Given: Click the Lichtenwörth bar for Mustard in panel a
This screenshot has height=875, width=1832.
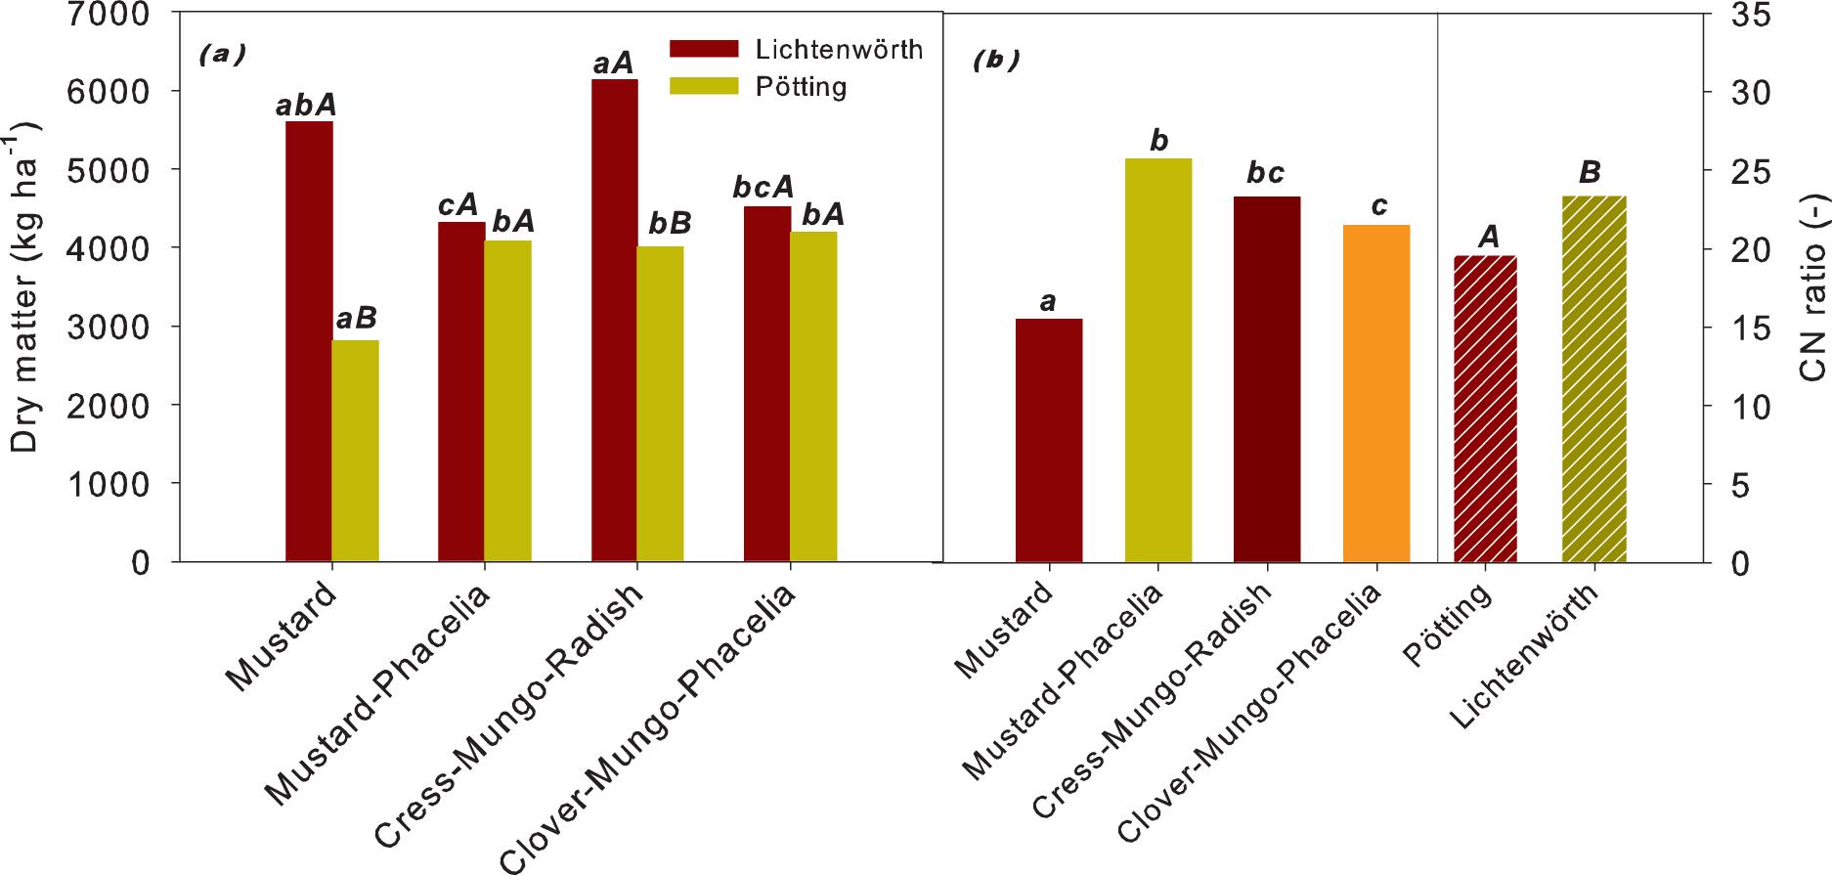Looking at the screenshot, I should (309, 341).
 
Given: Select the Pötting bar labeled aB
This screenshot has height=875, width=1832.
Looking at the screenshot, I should (356, 451).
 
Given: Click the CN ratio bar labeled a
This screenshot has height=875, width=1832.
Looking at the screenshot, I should (1048, 440).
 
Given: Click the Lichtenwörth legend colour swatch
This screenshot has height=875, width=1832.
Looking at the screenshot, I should (703, 49).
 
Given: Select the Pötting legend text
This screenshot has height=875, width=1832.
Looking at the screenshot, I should (801, 87).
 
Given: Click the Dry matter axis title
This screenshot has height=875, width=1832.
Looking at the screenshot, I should (26, 288).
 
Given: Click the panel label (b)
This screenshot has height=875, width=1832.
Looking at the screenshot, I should (996, 61).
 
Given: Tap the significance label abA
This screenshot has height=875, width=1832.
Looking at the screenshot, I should (306, 105).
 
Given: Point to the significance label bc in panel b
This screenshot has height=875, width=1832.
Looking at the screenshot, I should (1265, 174).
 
